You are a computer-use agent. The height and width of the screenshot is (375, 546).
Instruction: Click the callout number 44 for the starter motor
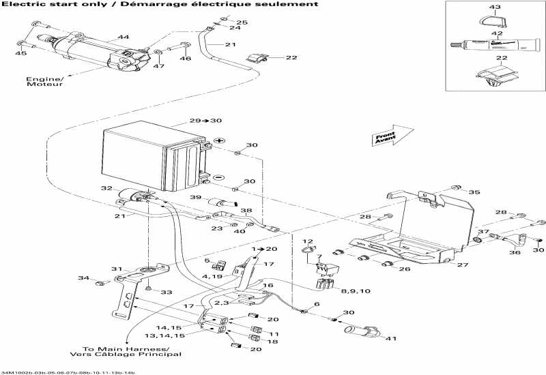[x=123, y=37]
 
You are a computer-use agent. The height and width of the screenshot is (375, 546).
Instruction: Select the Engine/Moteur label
[x=44, y=83]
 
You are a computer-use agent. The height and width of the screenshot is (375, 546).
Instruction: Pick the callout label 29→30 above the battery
[x=205, y=121]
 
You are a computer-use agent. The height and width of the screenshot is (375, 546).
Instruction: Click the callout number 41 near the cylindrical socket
[x=390, y=338]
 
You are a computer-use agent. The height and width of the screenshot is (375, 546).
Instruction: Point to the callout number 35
[x=474, y=192]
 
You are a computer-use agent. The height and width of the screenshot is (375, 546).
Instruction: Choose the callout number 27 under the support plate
[x=463, y=265]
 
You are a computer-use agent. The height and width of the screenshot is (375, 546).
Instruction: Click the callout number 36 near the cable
[x=515, y=252]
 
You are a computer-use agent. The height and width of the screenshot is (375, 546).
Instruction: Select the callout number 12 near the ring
[x=307, y=241]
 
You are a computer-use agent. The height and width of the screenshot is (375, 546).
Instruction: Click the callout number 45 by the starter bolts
[x=21, y=53]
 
